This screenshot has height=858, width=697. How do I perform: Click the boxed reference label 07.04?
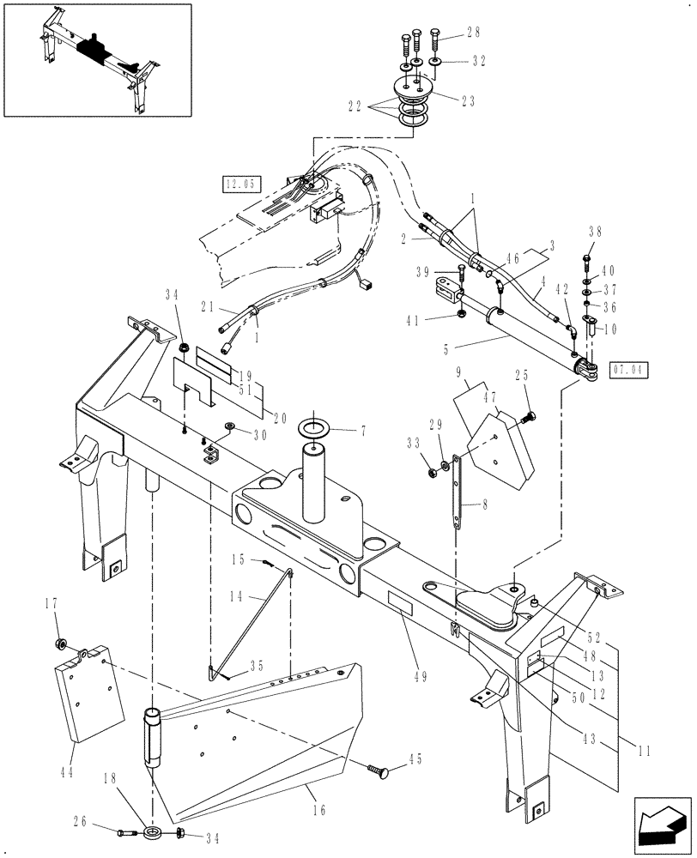pos(630,371)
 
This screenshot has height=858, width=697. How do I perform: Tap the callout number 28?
pos(473,33)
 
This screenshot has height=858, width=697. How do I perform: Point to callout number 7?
pos(362,428)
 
